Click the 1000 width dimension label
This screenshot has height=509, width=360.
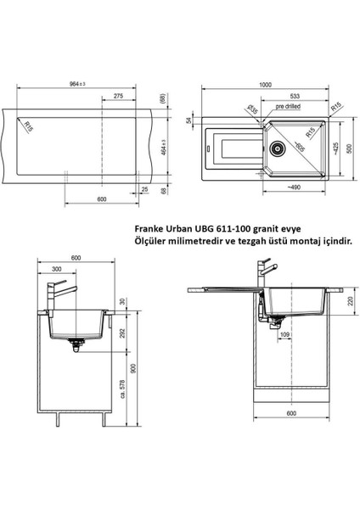(265, 85)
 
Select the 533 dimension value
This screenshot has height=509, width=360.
(295, 96)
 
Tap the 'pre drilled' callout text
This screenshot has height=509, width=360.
(288, 106)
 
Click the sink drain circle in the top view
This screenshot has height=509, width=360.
(277, 148)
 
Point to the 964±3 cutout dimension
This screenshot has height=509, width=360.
(77, 84)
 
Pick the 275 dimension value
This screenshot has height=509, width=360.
(118, 96)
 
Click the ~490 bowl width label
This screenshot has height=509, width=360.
(294, 187)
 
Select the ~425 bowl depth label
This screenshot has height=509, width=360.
(336, 148)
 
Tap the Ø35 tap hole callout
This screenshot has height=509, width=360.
(252, 109)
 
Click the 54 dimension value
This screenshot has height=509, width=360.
(188, 120)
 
